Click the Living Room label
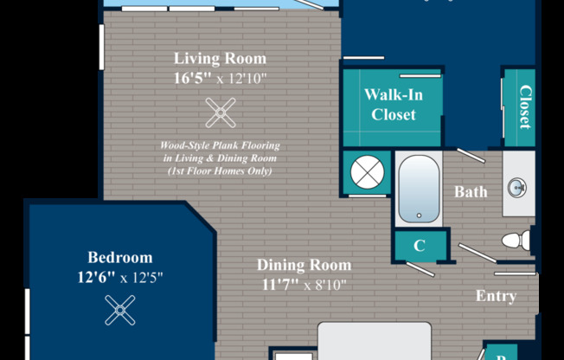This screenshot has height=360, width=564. (220, 59)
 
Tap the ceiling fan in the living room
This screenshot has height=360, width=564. (221, 112)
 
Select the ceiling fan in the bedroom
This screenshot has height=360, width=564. (120, 311)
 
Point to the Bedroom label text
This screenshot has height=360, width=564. (120, 257)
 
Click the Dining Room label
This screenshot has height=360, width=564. (304, 265)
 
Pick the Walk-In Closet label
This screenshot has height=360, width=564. (394, 105)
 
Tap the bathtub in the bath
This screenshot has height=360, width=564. (419, 189)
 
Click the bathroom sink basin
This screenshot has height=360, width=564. (517, 188)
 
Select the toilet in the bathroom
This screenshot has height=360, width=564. (516, 241)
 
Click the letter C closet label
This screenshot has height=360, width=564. (420, 246)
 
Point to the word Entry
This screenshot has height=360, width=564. (496, 296)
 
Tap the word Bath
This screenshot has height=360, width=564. (471, 192)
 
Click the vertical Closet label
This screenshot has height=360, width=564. (525, 107)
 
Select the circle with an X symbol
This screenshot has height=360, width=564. (368, 172)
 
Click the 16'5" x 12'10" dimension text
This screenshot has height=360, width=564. (220, 78)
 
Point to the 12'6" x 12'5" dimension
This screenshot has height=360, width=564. (120, 278)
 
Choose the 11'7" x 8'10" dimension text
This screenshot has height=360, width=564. (304, 285)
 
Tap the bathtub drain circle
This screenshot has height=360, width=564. (419, 215)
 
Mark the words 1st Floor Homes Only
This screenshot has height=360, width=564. (220, 170)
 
